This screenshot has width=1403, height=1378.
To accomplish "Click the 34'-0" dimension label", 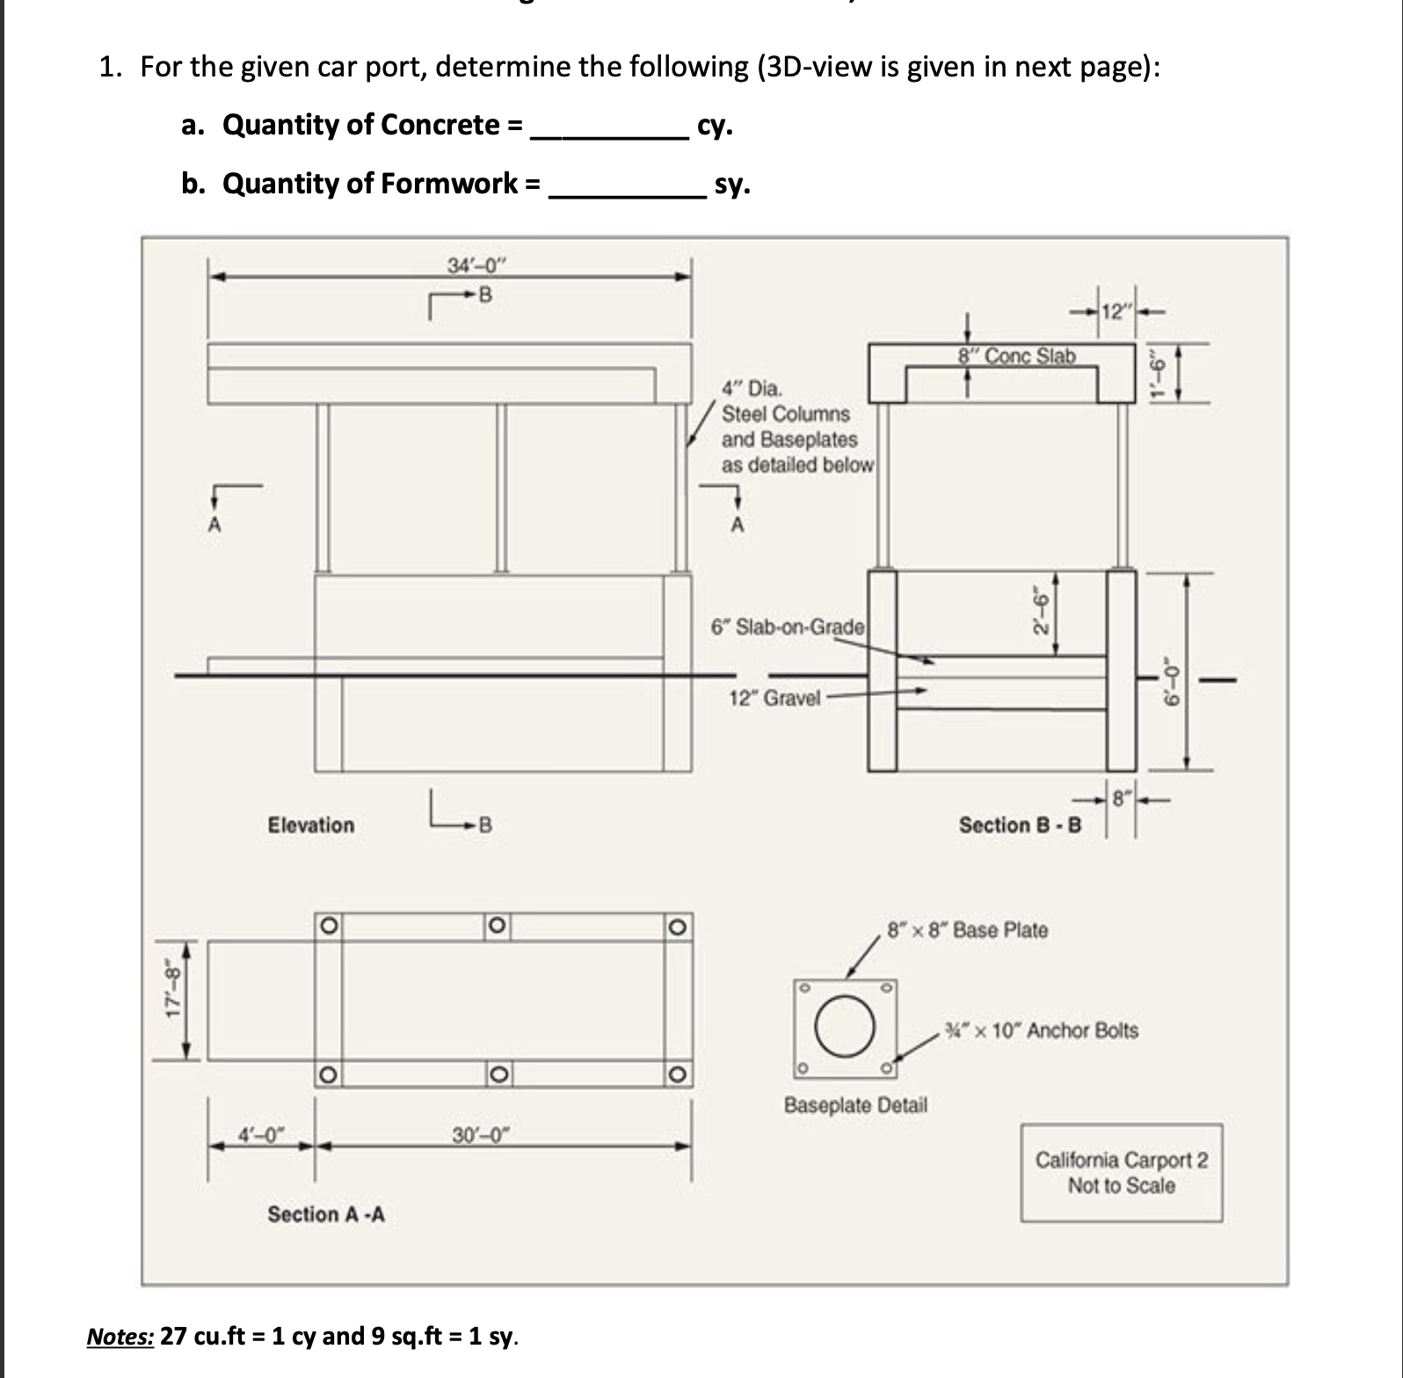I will [x=477, y=265].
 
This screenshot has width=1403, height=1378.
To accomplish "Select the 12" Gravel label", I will [x=774, y=699].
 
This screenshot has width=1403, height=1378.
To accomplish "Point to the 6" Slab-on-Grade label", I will [x=788, y=627].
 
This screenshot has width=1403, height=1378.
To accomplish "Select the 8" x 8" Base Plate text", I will [x=968, y=930].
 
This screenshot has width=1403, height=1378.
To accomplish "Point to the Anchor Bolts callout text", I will [x=1041, y=1030].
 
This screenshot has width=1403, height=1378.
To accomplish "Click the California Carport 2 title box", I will [x=1121, y=1172].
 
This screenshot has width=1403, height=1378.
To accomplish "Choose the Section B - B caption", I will [x=1020, y=825].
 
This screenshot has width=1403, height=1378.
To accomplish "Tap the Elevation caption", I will [x=311, y=825].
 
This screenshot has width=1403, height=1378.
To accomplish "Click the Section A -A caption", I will [x=326, y=1215].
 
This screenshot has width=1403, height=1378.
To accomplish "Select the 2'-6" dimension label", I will [x=1041, y=615].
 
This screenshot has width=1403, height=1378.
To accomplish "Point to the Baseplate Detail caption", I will [x=855, y=1105].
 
